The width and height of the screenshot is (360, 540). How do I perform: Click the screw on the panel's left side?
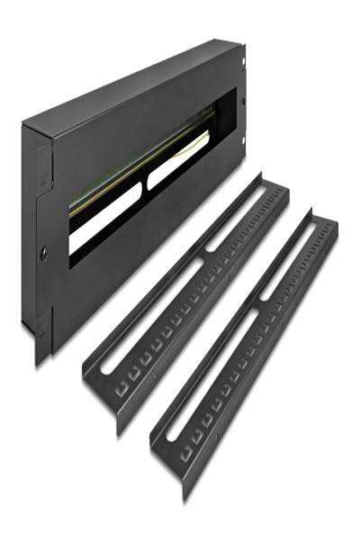[x=42, y=254]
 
